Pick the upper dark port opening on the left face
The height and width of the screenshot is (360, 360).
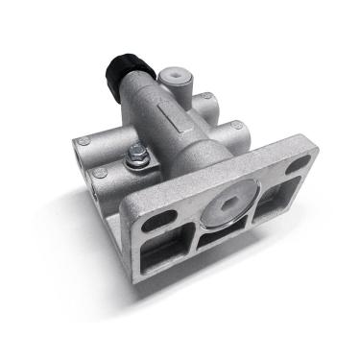(74, 156)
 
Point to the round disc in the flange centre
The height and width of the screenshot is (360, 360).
(228, 203)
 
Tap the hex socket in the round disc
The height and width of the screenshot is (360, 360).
(228, 202)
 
